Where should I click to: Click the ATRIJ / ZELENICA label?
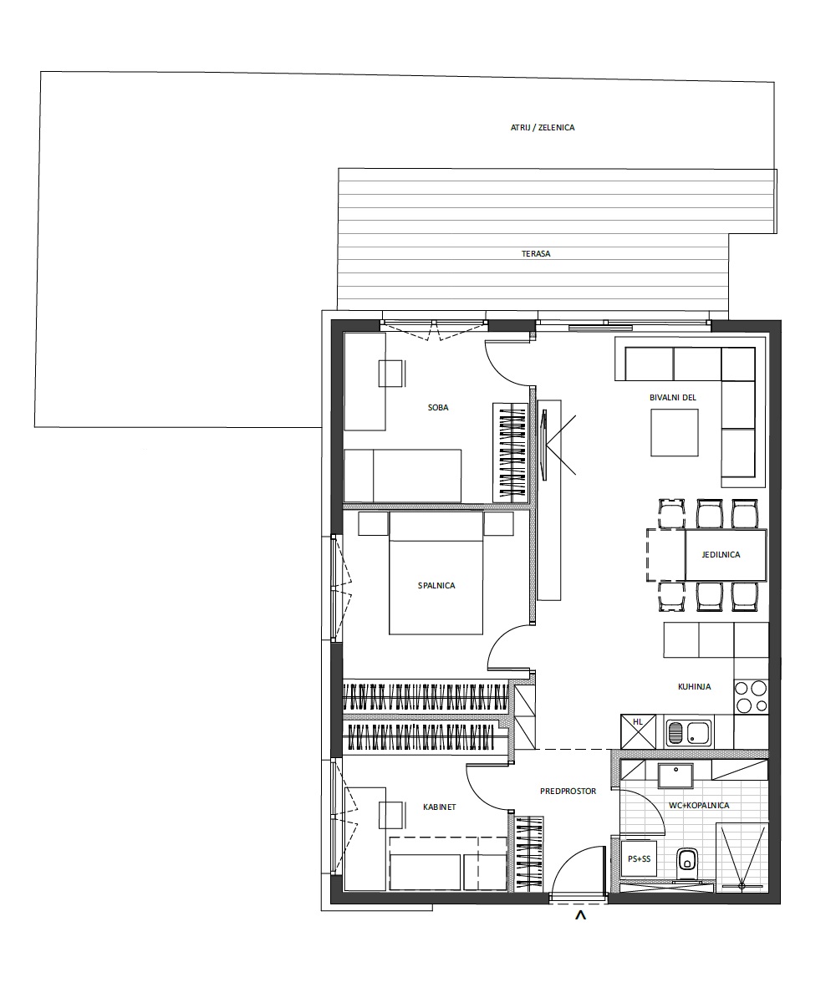[x=543, y=128]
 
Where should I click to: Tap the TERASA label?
[x=536, y=253]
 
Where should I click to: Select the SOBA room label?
[x=438, y=407]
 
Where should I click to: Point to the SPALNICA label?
[x=436, y=586]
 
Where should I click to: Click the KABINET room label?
[x=439, y=807]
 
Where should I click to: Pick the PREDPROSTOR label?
[x=568, y=792]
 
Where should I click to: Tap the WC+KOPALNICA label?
[x=699, y=805]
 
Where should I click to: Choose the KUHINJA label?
[x=694, y=687]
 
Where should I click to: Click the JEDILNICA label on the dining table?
[x=721, y=555]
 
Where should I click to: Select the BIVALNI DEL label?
[x=673, y=398]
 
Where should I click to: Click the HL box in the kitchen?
[x=638, y=731]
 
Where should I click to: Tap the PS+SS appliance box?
[x=639, y=859]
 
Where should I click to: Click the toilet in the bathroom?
[x=687, y=863]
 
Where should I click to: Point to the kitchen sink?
[x=689, y=732]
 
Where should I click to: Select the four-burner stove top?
[x=752, y=697]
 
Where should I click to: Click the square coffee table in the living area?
[x=674, y=432]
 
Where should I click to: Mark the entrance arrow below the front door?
[x=580, y=915]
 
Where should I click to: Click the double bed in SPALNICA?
[x=436, y=573]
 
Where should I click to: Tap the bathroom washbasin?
[x=675, y=776]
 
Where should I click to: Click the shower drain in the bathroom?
[x=742, y=885]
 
